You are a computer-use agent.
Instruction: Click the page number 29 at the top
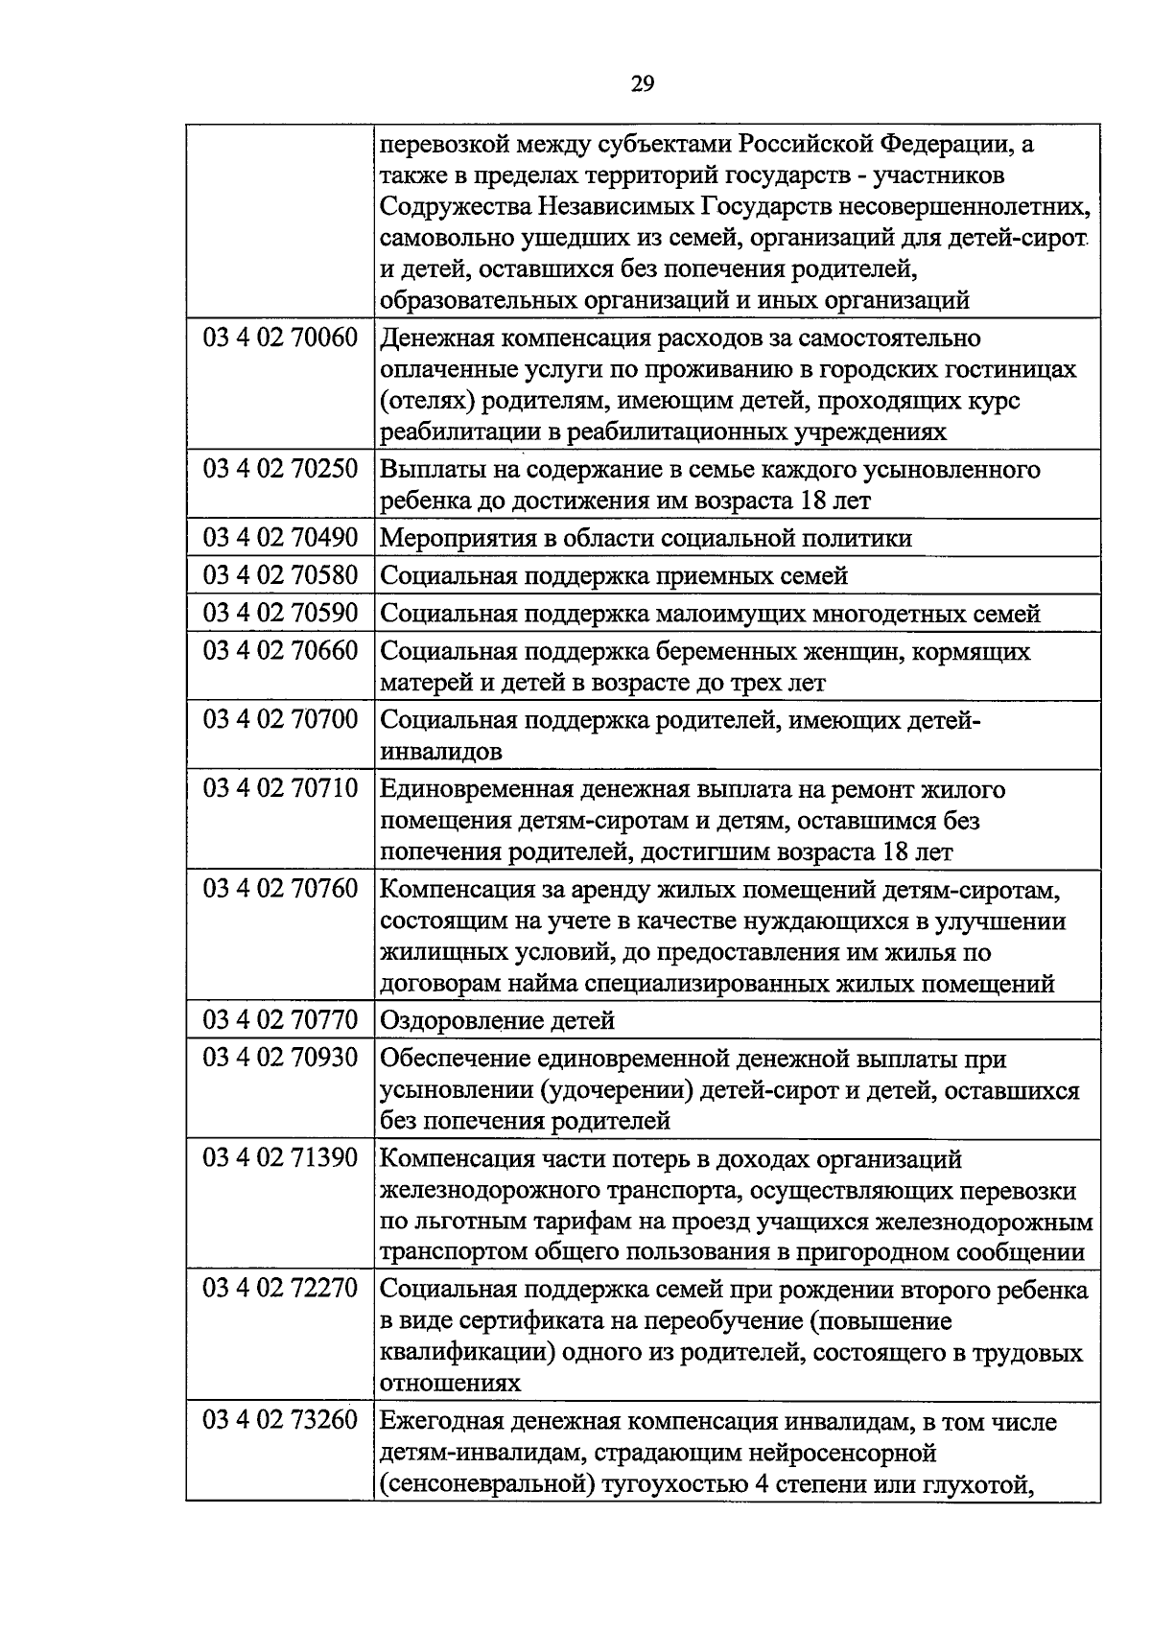[643, 84]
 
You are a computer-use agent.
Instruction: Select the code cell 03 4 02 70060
[279, 338]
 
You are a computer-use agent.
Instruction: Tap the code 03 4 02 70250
[279, 469]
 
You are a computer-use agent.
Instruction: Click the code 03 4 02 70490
[279, 537]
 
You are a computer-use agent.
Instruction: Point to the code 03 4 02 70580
[279, 574]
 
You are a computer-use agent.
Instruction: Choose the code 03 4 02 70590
[279, 612]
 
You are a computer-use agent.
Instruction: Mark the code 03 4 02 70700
[279, 719]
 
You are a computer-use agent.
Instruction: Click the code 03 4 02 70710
[279, 788]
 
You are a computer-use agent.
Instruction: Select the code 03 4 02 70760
[279, 888]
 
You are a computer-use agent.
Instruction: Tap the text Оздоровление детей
[497, 1020]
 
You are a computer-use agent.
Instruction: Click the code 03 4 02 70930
[279, 1058]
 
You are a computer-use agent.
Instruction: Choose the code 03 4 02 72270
[279, 1289]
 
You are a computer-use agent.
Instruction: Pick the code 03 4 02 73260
[279, 1420]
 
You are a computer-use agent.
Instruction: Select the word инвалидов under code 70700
[441, 752]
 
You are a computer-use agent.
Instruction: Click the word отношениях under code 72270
[451, 1384]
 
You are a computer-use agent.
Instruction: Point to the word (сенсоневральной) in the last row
[486, 1484]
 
